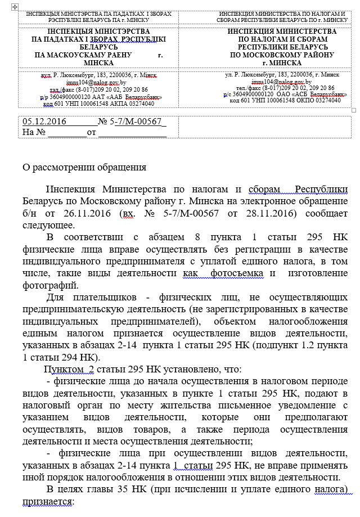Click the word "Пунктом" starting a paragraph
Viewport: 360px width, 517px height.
pos(65,369)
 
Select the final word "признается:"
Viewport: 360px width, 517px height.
pos(48,500)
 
